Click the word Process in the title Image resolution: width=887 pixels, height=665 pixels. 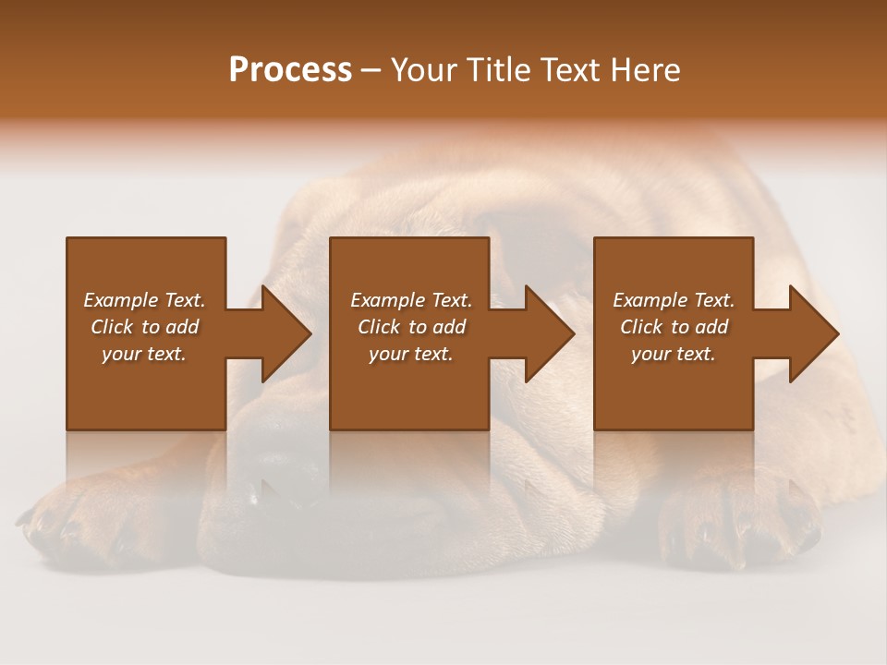click(290, 70)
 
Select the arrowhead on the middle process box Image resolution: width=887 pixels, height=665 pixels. click(549, 333)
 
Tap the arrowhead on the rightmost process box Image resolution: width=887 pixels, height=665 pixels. click(813, 333)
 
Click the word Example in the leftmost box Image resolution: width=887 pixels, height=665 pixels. click(120, 300)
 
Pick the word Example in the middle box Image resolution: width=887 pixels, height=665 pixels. click(387, 300)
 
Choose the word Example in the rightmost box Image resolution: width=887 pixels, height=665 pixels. click(650, 300)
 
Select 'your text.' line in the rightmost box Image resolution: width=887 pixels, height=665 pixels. click(674, 354)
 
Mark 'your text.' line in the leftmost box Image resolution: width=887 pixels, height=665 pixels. click(144, 354)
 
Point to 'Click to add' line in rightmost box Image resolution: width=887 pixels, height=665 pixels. click(674, 327)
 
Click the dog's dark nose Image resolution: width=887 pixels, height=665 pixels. click(286, 462)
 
